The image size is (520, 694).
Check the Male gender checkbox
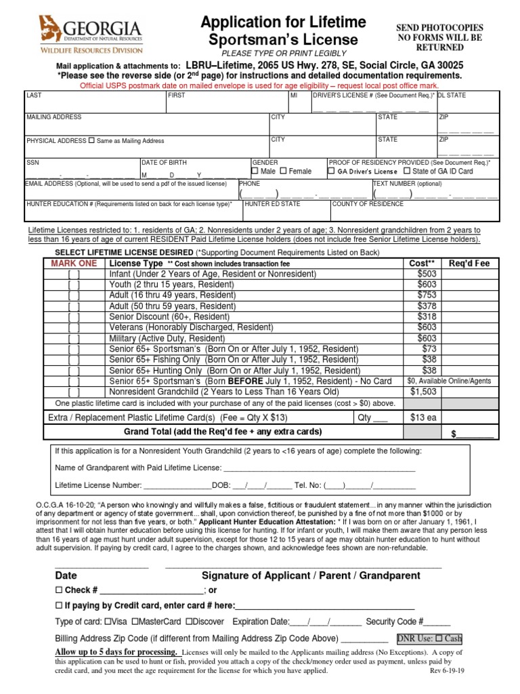[255, 171]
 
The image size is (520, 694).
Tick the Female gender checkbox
[284, 171]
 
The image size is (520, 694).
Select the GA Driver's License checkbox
[331, 171]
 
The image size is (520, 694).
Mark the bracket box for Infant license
[74, 274]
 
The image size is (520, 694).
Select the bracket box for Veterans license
[74, 327]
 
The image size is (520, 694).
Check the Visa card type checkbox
[108, 621]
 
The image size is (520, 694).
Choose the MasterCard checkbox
[135, 621]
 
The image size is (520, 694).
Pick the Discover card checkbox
[189, 621]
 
